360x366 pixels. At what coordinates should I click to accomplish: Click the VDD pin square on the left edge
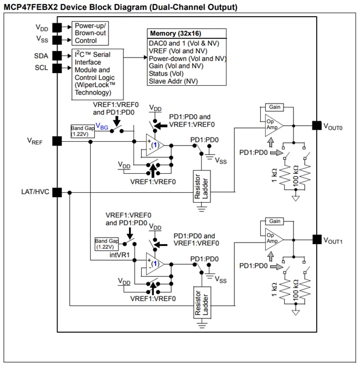pos(56,27)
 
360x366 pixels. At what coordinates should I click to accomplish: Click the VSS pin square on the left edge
pos(56,39)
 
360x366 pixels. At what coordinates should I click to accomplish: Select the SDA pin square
pos(56,56)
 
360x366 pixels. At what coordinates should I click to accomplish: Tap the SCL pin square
pos(56,68)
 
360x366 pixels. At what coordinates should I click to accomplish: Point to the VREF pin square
pos(56,141)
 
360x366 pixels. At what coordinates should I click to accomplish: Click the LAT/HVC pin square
pos(56,192)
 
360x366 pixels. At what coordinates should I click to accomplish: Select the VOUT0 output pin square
pos(316,125)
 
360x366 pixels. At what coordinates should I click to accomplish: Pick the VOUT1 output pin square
pos(316,240)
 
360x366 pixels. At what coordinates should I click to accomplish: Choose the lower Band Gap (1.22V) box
pos(106,244)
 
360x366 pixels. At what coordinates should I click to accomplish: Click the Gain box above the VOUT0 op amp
pos(275,106)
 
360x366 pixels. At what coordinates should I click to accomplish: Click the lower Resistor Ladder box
pos(200,303)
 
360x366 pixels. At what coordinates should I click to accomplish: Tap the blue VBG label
pos(102,126)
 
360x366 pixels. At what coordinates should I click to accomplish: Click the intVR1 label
pos(120,254)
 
